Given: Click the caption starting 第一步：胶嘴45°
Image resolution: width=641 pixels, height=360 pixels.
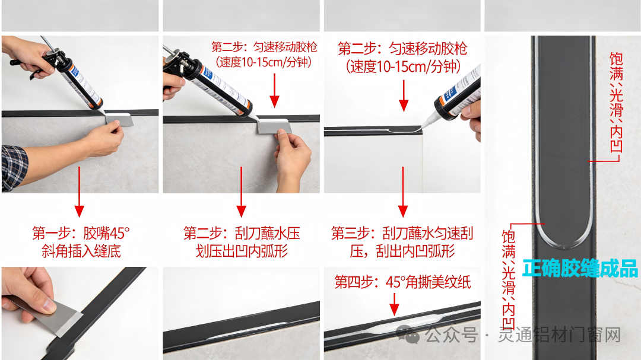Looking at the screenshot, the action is click(x=81, y=242).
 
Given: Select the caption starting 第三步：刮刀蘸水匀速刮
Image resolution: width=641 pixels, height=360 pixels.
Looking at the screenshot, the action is click(x=402, y=242).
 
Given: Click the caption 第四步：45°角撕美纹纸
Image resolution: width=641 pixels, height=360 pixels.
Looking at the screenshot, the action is click(x=402, y=282).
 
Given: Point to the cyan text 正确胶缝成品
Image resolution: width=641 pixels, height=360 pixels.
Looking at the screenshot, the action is click(x=580, y=269).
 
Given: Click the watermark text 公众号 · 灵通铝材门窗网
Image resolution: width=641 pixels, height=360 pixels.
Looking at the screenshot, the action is click(x=523, y=335).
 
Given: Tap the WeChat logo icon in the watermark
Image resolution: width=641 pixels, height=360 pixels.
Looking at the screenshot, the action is click(x=408, y=334).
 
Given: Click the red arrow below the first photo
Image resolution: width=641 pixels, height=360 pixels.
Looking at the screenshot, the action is click(x=80, y=192).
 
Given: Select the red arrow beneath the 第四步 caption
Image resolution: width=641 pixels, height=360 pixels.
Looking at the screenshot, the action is click(x=394, y=304).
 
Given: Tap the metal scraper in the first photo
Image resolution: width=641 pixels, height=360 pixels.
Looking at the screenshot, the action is click(x=119, y=119).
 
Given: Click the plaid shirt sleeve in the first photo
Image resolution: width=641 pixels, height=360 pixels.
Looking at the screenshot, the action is click(x=14, y=167).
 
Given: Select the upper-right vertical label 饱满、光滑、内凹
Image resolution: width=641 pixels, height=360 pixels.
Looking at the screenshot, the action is click(x=616, y=102).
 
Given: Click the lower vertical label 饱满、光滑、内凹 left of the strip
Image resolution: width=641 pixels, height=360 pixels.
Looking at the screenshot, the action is click(x=509, y=281).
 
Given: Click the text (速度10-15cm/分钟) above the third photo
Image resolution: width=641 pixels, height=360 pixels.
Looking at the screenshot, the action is click(x=403, y=66).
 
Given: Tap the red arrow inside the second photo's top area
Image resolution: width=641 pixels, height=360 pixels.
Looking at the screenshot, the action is click(x=274, y=90).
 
